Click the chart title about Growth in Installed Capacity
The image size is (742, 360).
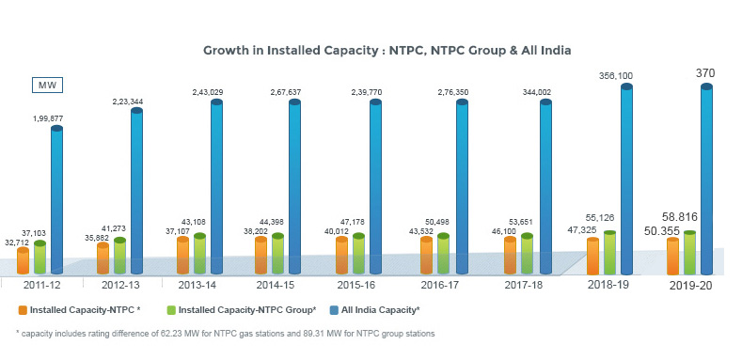pos(387,50)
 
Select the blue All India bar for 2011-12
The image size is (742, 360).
pos(56,197)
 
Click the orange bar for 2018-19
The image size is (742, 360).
pos(592,256)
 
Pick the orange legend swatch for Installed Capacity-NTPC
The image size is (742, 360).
pos(22,308)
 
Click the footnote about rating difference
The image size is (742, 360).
pos(226,333)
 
